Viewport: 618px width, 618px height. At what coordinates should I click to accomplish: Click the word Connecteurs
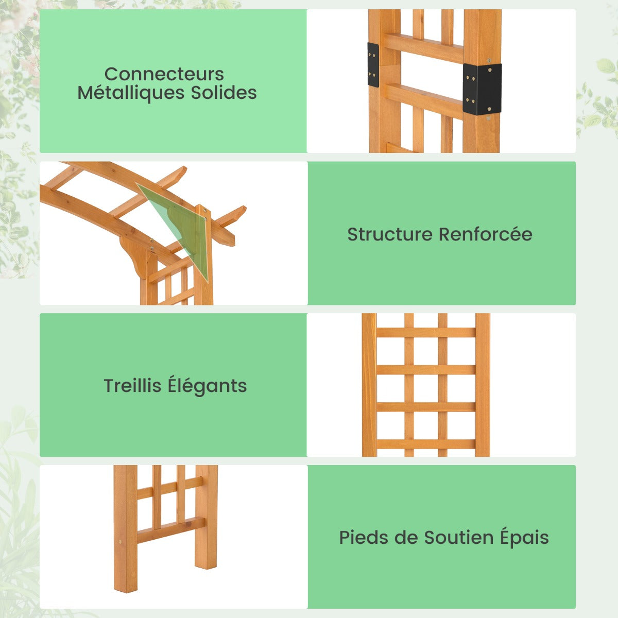(164, 74)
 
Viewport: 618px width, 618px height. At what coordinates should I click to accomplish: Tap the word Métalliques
(131, 93)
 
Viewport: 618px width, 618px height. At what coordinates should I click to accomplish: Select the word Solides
(224, 93)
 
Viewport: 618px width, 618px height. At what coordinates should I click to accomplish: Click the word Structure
(390, 234)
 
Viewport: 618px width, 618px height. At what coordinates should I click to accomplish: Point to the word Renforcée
(485, 234)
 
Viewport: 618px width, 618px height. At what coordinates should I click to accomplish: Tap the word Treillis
(132, 386)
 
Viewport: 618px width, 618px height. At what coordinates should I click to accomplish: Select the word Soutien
(459, 538)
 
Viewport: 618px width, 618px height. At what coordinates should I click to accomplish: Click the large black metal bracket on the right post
(482, 89)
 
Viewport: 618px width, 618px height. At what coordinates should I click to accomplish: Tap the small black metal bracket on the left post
(373, 65)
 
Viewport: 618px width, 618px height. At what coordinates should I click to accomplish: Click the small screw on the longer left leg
(121, 542)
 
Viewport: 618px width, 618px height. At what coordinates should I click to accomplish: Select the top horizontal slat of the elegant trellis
(426, 332)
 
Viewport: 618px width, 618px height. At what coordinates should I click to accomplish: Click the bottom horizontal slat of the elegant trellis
(426, 444)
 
